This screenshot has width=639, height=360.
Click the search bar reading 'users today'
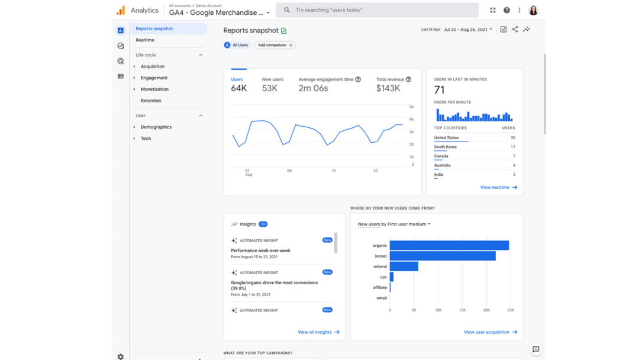point(379,10)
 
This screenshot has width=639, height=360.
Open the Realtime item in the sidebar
point(145,40)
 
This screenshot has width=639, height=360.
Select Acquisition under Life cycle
point(153,66)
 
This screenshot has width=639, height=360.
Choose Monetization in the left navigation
point(154,89)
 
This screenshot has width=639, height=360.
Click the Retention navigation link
point(151,101)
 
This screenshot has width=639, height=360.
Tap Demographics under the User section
point(156,127)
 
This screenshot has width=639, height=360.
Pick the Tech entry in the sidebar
point(146,139)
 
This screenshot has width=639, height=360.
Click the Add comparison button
point(275,45)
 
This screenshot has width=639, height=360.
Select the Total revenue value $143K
point(388,88)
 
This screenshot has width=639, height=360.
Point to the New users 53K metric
point(270,88)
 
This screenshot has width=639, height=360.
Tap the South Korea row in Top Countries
point(446,147)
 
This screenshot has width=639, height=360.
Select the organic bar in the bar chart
point(449,246)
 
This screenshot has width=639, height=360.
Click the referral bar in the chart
point(404,267)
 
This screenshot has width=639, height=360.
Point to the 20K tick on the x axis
point(486,310)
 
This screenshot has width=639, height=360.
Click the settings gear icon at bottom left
point(121,356)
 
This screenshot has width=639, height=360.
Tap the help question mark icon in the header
point(506,10)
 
